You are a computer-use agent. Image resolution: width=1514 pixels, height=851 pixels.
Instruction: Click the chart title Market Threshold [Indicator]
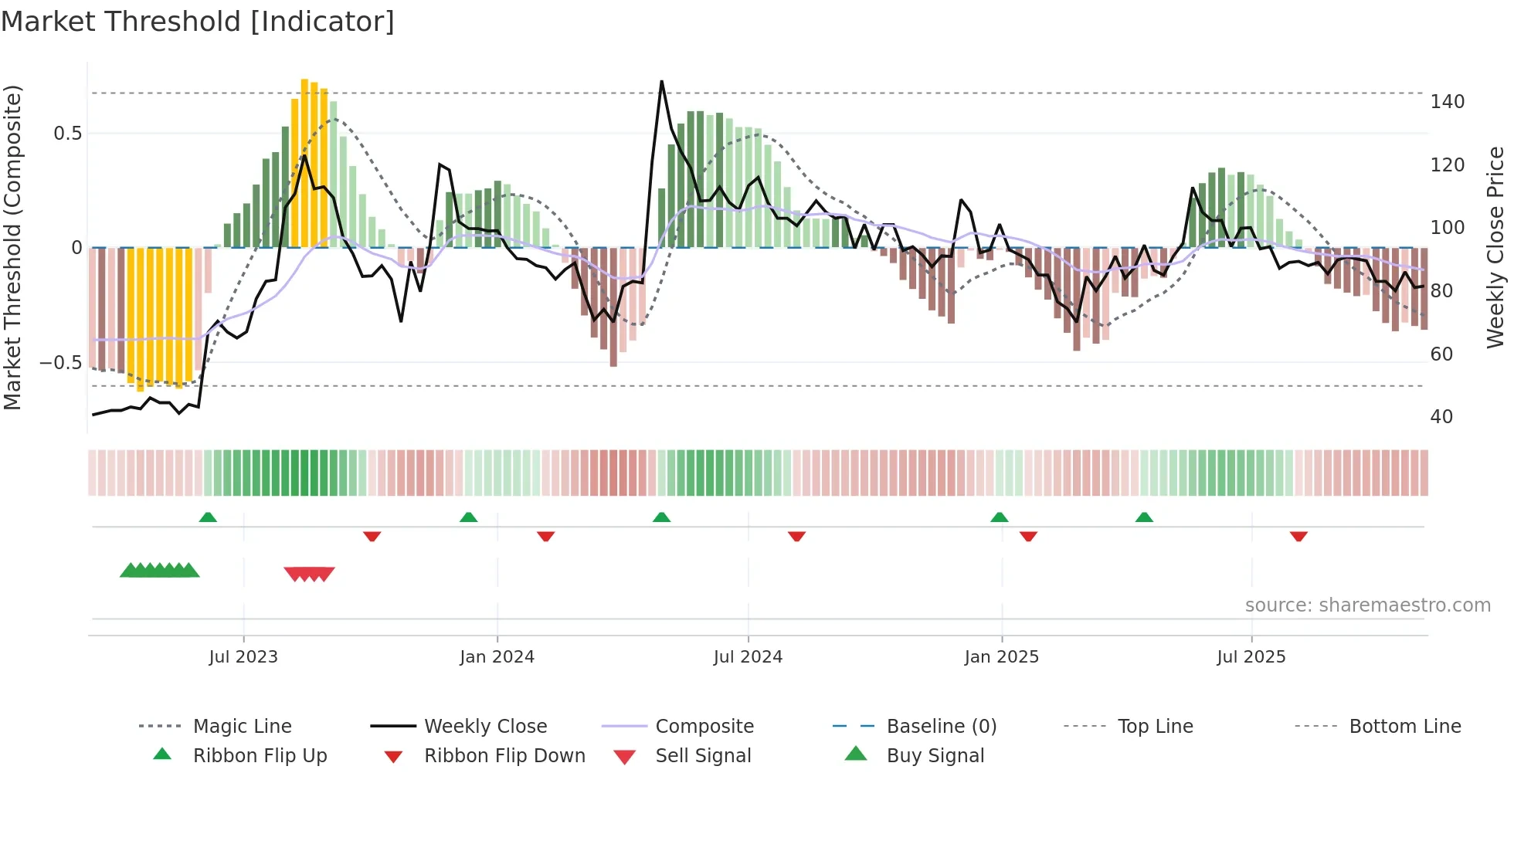pyautogui.click(x=198, y=22)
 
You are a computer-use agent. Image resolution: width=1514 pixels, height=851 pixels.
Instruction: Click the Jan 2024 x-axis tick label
pyautogui.click(x=497, y=657)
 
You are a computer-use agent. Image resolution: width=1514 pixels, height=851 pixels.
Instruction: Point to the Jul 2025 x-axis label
pyautogui.click(x=1251, y=657)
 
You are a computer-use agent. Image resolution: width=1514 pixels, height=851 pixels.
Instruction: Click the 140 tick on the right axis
pyautogui.click(x=1447, y=102)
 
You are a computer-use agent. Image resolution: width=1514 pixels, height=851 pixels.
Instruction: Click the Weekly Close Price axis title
pyautogui.click(x=1495, y=247)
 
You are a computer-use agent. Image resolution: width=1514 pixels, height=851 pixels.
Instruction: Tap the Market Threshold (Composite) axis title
pyautogui.click(x=12, y=247)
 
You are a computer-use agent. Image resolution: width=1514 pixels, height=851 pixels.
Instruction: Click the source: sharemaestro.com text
pyautogui.click(x=1367, y=605)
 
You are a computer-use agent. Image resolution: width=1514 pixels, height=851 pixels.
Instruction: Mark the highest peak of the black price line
pyautogui.click(x=662, y=82)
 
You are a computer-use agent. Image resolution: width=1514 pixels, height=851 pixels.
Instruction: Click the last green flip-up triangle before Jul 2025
pyautogui.click(x=1144, y=517)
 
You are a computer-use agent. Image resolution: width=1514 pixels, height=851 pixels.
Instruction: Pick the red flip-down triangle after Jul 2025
pyautogui.click(x=1298, y=536)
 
